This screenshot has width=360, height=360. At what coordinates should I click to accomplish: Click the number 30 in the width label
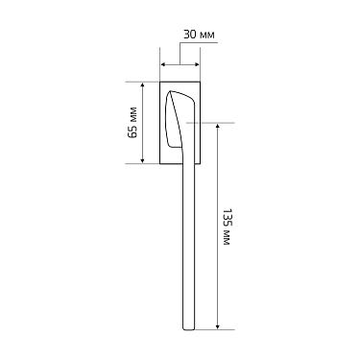pos(190,35)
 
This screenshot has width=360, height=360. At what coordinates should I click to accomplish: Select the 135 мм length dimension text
pos(228,227)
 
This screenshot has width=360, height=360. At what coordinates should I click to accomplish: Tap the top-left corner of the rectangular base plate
pos(160,83)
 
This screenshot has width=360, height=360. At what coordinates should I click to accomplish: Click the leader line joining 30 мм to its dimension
pos(180,50)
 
